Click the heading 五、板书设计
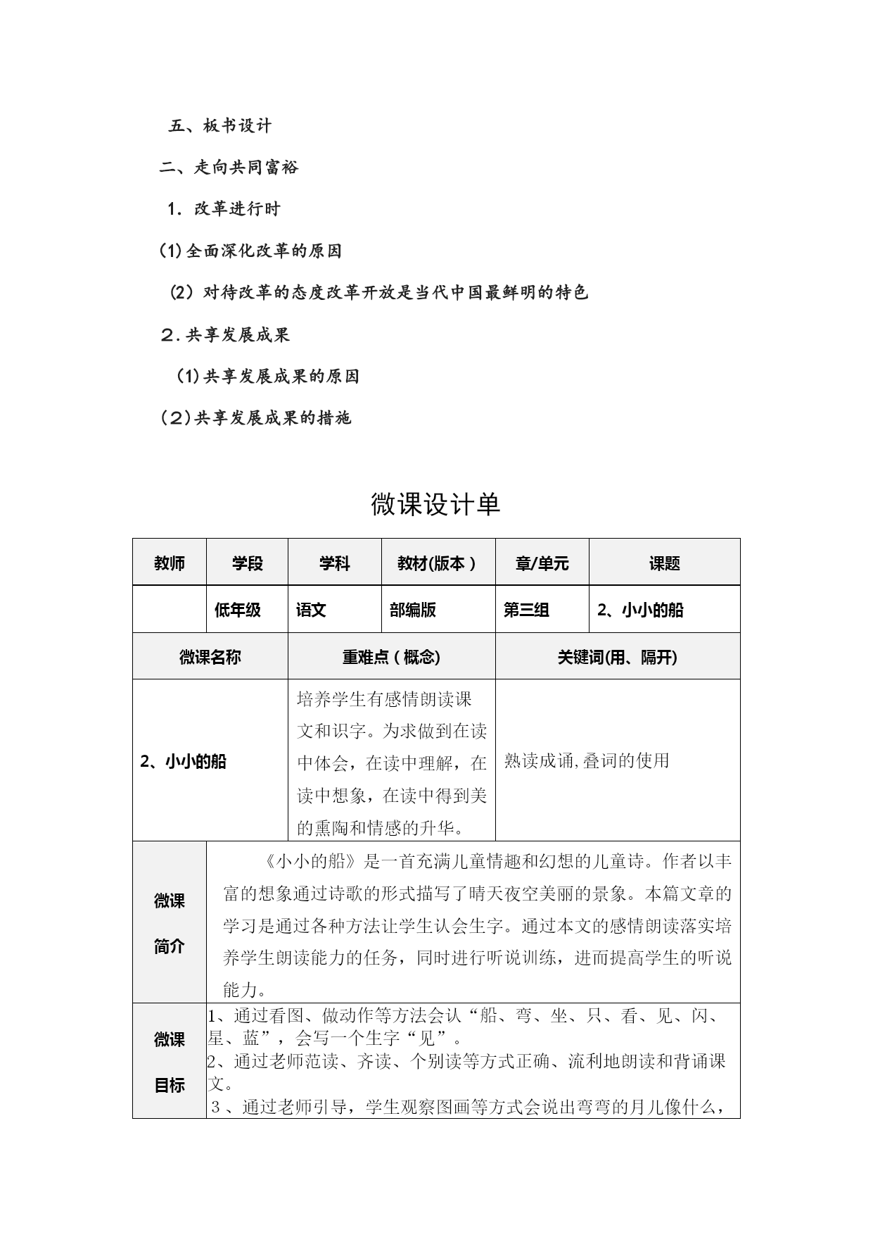click(x=219, y=126)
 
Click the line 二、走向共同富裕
click(x=229, y=168)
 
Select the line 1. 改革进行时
click(x=224, y=209)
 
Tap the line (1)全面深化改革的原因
click(x=250, y=251)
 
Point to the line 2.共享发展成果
click(x=225, y=335)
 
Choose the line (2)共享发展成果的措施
click(x=256, y=418)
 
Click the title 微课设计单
click(x=435, y=504)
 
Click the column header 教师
click(x=170, y=563)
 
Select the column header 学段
click(x=248, y=563)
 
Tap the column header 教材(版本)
click(x=438, y=563)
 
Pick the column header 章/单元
click(x=542, y=563)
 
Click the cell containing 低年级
click(x=238, y=610)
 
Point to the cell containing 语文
click(x=312, y=610)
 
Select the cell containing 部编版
click(x=413, y=610)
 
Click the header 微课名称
click(x=210, y=657)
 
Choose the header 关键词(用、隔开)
click(x=617, y=657)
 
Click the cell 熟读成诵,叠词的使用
click(x=587, y=760)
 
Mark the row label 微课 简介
click(x=170, y=923)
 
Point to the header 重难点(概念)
click(x=391, y=657)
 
